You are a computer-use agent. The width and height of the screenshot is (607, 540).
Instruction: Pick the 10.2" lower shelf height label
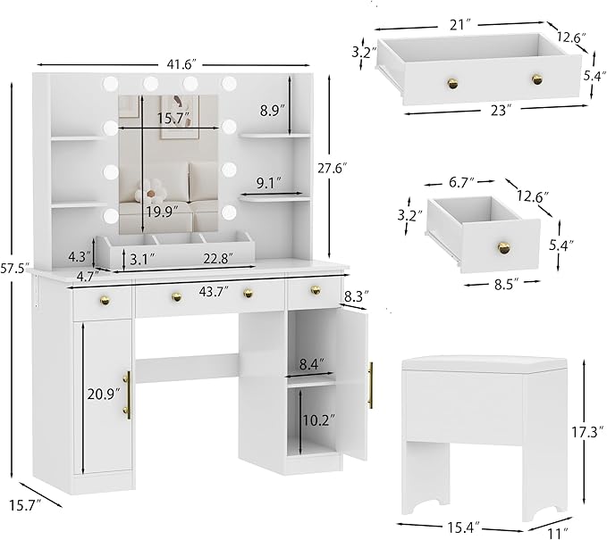pyautogui.click(x=317, y=420)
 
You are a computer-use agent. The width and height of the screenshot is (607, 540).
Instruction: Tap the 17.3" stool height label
pyautogui.click(x=583, y=431)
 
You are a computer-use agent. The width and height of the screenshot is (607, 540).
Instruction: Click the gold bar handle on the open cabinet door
pyautogui.click(x=370, y=385)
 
